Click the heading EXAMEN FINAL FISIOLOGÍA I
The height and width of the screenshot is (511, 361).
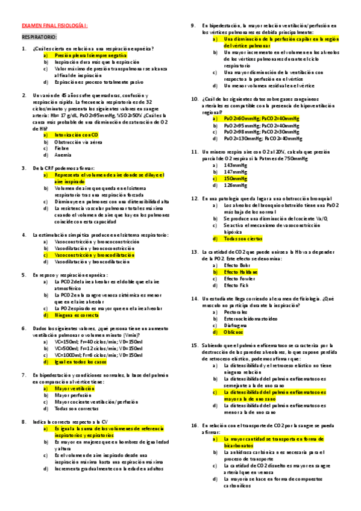55,26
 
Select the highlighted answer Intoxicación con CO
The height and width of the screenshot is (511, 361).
76,135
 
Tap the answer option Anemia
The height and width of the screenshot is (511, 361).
63,154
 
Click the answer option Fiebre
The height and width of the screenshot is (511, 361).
62,148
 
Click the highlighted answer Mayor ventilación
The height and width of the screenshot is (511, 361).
75,389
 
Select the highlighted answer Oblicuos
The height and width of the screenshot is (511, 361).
234,332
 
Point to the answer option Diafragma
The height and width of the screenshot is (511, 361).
236,325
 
